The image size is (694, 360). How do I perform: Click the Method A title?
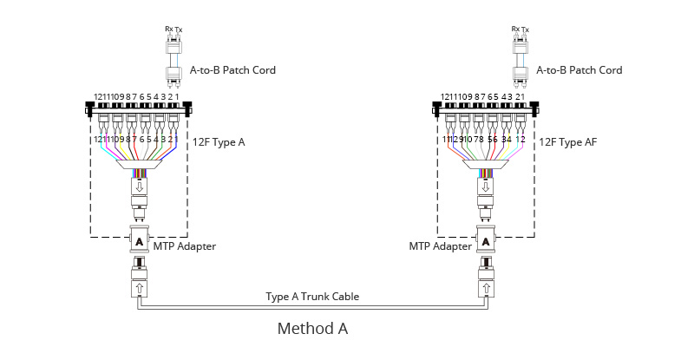312,329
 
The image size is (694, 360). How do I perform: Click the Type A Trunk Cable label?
312,297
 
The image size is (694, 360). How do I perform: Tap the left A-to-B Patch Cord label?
232,70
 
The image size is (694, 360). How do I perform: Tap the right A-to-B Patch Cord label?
579,70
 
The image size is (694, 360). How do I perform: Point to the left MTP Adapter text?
185,247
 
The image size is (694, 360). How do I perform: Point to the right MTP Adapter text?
440,247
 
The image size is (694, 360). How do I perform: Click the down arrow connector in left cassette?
139,187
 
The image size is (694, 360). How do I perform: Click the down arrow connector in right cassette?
486,187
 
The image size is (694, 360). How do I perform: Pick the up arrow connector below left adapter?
139,284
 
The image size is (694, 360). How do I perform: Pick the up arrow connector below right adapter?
486,284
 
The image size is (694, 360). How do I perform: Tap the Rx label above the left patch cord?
169,29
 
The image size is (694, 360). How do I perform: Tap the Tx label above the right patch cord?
526,29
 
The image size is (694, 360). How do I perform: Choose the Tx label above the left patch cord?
179,29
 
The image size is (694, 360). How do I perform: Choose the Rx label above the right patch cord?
516,29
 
